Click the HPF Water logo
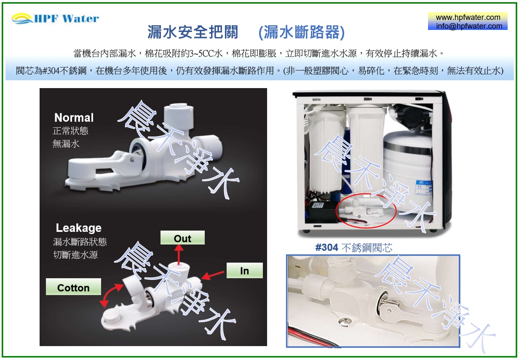point(55,18)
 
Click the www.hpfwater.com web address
point(468,17)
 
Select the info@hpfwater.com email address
point(469,26)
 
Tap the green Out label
point(182,238)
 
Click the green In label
point(244,270)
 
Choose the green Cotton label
point(73,287)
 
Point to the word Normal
point(74,118)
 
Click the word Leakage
point(78,228)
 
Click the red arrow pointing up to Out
point(179,255)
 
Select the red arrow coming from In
point(212,275)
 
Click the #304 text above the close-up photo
point(327,247)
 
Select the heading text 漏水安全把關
point(193,32)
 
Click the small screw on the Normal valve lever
point(132,159)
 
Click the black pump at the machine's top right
point(411,116)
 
